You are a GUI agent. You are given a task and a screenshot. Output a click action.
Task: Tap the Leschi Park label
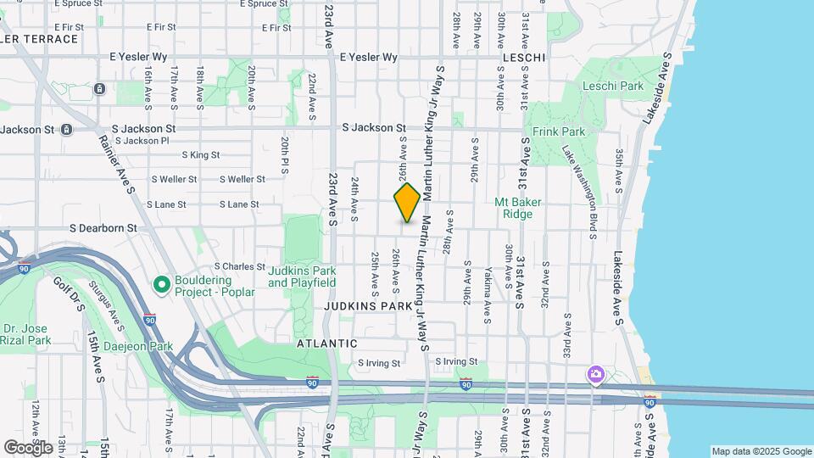(613, 86)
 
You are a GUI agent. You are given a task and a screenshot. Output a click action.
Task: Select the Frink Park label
(559, 132)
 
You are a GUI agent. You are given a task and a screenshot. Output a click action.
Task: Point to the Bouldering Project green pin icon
(161, 285)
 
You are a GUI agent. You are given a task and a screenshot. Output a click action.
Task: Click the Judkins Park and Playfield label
(302, 276)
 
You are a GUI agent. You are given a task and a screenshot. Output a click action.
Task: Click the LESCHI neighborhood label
(523, 57)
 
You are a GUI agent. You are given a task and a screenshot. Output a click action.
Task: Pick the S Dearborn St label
(103, 228)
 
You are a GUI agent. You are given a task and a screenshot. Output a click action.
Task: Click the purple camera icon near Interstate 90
(596, 374)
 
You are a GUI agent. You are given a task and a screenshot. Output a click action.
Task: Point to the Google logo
(28, 447)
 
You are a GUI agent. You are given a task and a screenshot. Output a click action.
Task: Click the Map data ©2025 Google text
(761, 451)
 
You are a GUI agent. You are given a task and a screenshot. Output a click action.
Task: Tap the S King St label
(200, 155)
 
